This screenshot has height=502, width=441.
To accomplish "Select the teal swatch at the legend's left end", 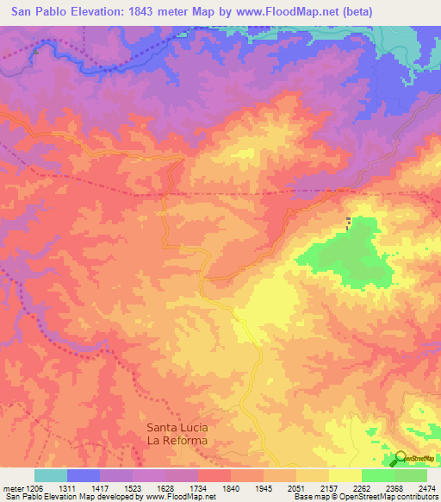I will [51, 475].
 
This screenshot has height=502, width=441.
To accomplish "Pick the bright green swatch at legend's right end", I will [411, 475].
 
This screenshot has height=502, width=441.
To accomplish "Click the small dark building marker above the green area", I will [348, 223].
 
